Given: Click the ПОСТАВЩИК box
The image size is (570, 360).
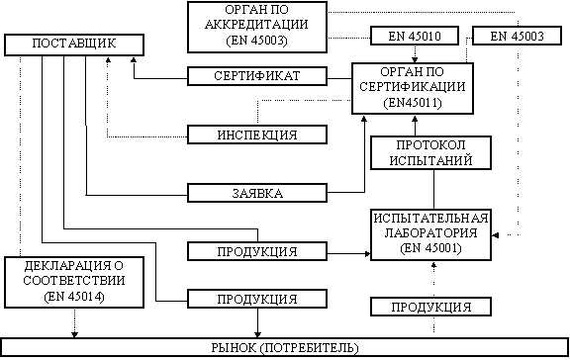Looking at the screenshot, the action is click(x=74, y=45).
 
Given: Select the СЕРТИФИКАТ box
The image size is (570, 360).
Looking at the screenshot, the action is click(x=257, y=76).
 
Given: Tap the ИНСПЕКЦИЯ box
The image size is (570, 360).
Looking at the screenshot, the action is click(x=257, y=135).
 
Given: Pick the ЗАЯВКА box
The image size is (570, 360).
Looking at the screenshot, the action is click(x=257, y=193).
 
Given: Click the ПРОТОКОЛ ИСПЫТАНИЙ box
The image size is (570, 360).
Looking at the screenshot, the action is click(x=430, y=152).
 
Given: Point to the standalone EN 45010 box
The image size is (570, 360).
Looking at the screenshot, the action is click(x=415, y=36).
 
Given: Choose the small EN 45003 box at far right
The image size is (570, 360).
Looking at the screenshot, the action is click(x=517, y=36).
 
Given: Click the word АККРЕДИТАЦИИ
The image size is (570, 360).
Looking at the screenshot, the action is click(x=256, y=25).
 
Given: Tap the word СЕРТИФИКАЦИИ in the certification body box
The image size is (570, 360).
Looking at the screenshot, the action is click(x=413, y=87).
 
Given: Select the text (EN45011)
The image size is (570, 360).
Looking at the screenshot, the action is click(x=413, y=103).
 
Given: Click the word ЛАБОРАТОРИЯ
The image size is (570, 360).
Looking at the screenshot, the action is click(x=430, y=232).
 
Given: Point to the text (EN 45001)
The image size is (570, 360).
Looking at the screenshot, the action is click(x=430, y=248).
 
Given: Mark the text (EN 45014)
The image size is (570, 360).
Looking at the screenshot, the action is click(x=74, y=297).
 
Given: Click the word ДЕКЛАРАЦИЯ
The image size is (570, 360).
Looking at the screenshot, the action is click(x=68, y=266).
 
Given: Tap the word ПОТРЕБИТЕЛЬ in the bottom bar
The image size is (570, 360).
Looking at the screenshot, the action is click(x=310, y=348).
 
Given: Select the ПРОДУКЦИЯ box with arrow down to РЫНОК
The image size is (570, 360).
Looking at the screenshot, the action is click(x=257, y=299).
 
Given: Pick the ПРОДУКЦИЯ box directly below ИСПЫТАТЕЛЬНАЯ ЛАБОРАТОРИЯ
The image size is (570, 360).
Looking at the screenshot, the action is click(x=430, y=307).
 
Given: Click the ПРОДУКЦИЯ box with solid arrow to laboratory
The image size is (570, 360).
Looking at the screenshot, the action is click(x=257, y=251).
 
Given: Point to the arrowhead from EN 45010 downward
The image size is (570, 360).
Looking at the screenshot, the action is click(x=415, y=60).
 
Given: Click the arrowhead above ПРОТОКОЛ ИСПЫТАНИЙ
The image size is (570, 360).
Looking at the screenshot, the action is click(x=415, y=119).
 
